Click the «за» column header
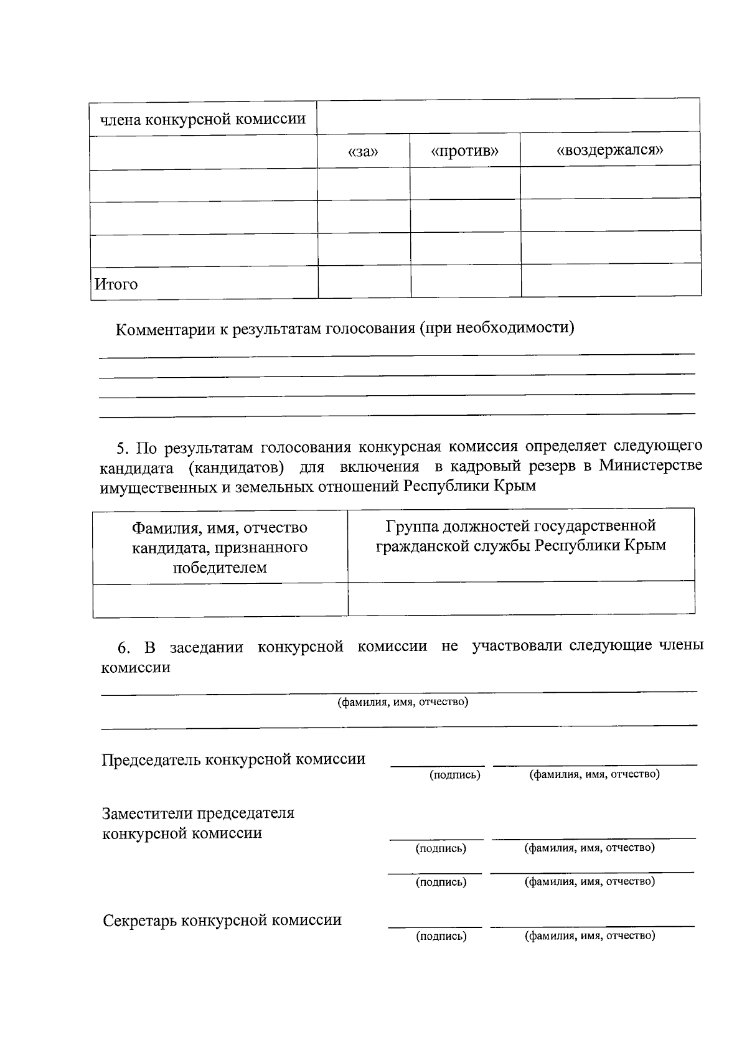[x=363, y=152]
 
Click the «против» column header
[x=464, y=151]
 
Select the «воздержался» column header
[x=609, y=150]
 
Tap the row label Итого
[x=116, y=284]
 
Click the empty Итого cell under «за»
[x=364, y=281]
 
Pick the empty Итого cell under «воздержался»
[x=610, y=280]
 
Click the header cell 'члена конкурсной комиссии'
[x=203, y=118]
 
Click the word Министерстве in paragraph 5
[x=651, y=465]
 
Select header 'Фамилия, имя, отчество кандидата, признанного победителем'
[x=220, y=547]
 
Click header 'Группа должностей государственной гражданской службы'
[x=520, y=536]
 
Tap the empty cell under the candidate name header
[x=220, y=600]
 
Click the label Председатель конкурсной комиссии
[x=233, y=759]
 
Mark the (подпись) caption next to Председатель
[x=455, y=775]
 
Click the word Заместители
[x=146, y=814]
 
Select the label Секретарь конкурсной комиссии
[x=222, y=920]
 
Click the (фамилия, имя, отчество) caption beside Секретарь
[x=590, y=935]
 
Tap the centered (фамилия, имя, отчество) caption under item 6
[x=403, y=702]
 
